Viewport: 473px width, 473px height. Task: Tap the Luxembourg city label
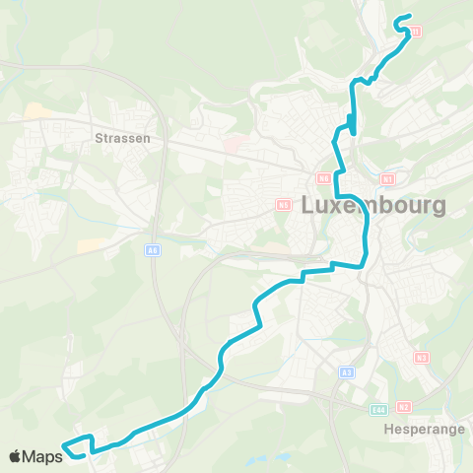click(372, 206)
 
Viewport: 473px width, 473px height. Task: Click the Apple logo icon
click(16, 456)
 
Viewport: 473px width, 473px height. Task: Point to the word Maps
click(43, 456)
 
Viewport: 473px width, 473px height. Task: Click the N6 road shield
click(323, 178)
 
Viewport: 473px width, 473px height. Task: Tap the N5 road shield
click(285, 205)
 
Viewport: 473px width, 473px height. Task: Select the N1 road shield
click(387, 179)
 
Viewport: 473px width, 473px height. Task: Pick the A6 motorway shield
click(153, 250)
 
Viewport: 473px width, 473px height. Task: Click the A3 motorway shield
click(346, 372)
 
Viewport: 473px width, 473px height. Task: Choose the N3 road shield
click(422, 357)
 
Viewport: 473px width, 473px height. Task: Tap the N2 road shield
click(404, 406)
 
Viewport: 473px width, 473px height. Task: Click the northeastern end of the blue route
click(397, 19)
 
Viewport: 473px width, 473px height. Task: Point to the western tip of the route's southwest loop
click(64, 447)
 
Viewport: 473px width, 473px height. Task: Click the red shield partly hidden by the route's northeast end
click(416, 32)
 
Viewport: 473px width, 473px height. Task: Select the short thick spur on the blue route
click(351, 123)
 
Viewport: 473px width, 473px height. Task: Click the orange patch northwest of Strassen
click(37, 111)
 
